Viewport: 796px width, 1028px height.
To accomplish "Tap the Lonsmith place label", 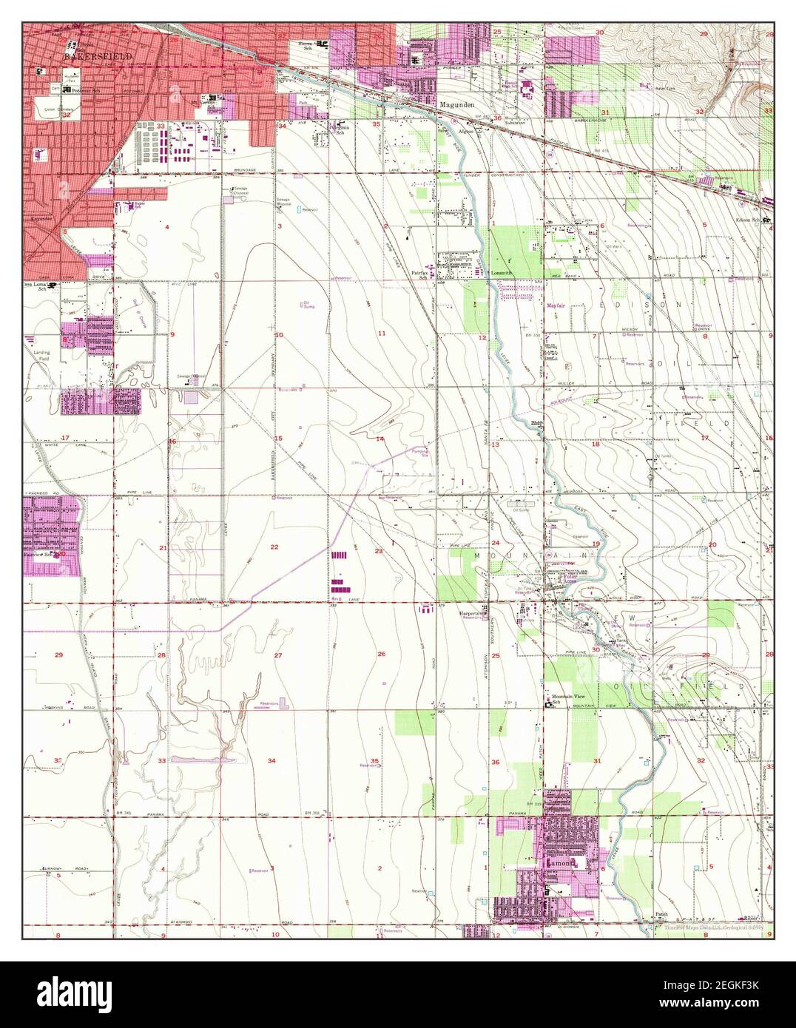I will pyautogui.click(x=502, y=273).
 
